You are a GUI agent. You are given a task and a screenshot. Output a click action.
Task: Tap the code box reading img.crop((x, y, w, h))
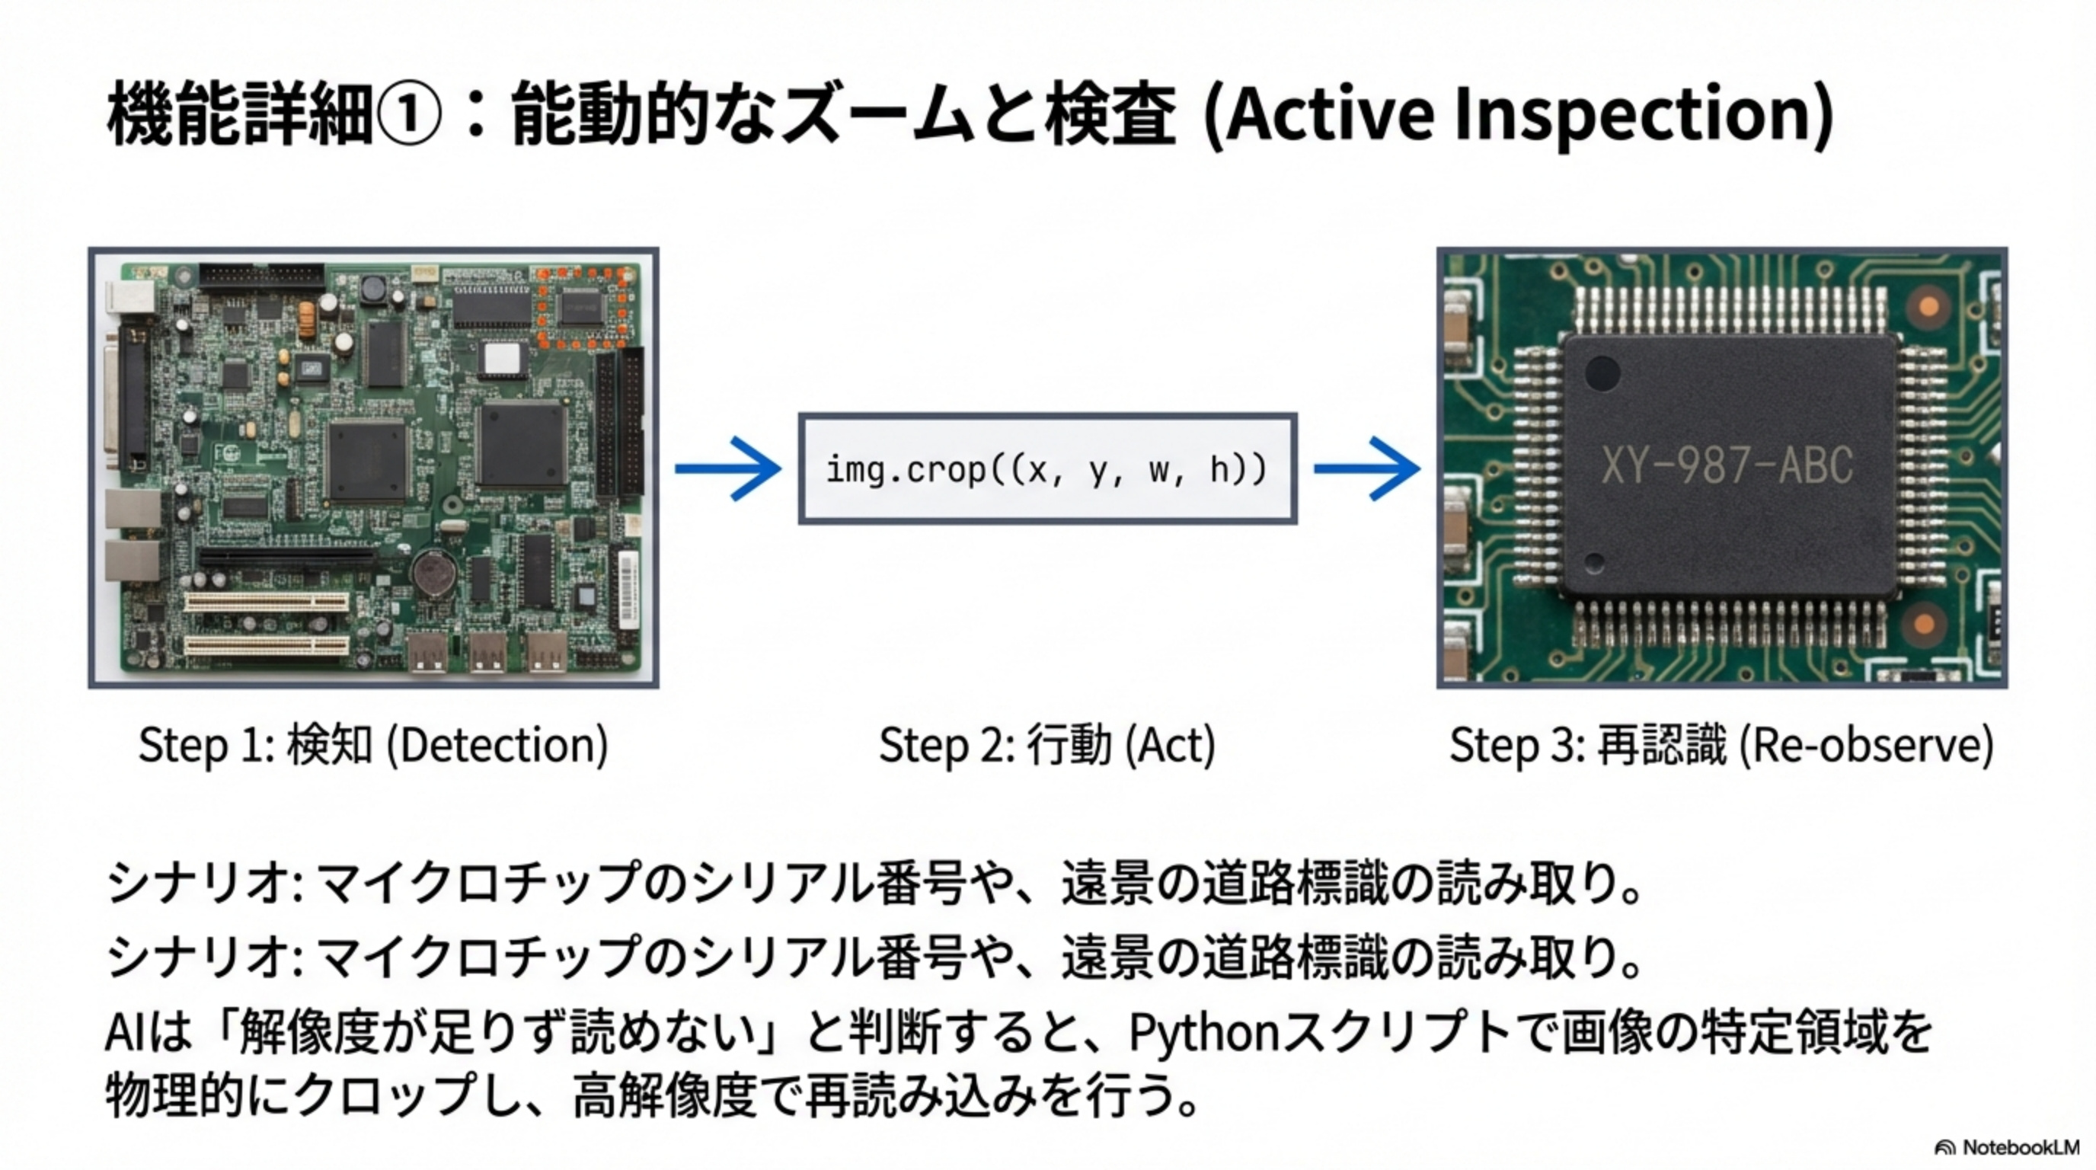pyautogui.click(x=1047, y=468)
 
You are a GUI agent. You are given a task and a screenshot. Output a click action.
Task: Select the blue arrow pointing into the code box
pyautogui.click(x=728, y=468)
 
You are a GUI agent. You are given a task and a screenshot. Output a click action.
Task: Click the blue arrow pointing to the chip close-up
pyautogui.click(x=1367, y=468)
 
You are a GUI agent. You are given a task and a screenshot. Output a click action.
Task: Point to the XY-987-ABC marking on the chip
pyautogui.click(x=1727, y=465)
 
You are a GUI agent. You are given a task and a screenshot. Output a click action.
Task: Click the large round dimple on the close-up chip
pyautogui.click(x=1602, y=373)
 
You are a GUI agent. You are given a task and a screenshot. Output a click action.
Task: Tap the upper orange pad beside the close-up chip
pyautogui.click(x=1928, y=307)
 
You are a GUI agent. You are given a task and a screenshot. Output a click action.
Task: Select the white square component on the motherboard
pyautogui.click(x=502, y=359)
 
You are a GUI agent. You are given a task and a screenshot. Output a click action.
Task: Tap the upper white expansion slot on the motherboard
pyautogui.click(x=266, y=603)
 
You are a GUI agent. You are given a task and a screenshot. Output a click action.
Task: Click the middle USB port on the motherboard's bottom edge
pyautogui.click(x=488, y=653)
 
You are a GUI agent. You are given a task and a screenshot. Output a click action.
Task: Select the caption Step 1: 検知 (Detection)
pyautogui.click(x=373, y=745)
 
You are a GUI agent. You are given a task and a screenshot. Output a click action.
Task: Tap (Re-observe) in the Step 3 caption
pyautogui.click(x=1867, y=745)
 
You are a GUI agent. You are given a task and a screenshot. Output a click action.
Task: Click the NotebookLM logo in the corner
pyautogui.click(x=2008, y=1147)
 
